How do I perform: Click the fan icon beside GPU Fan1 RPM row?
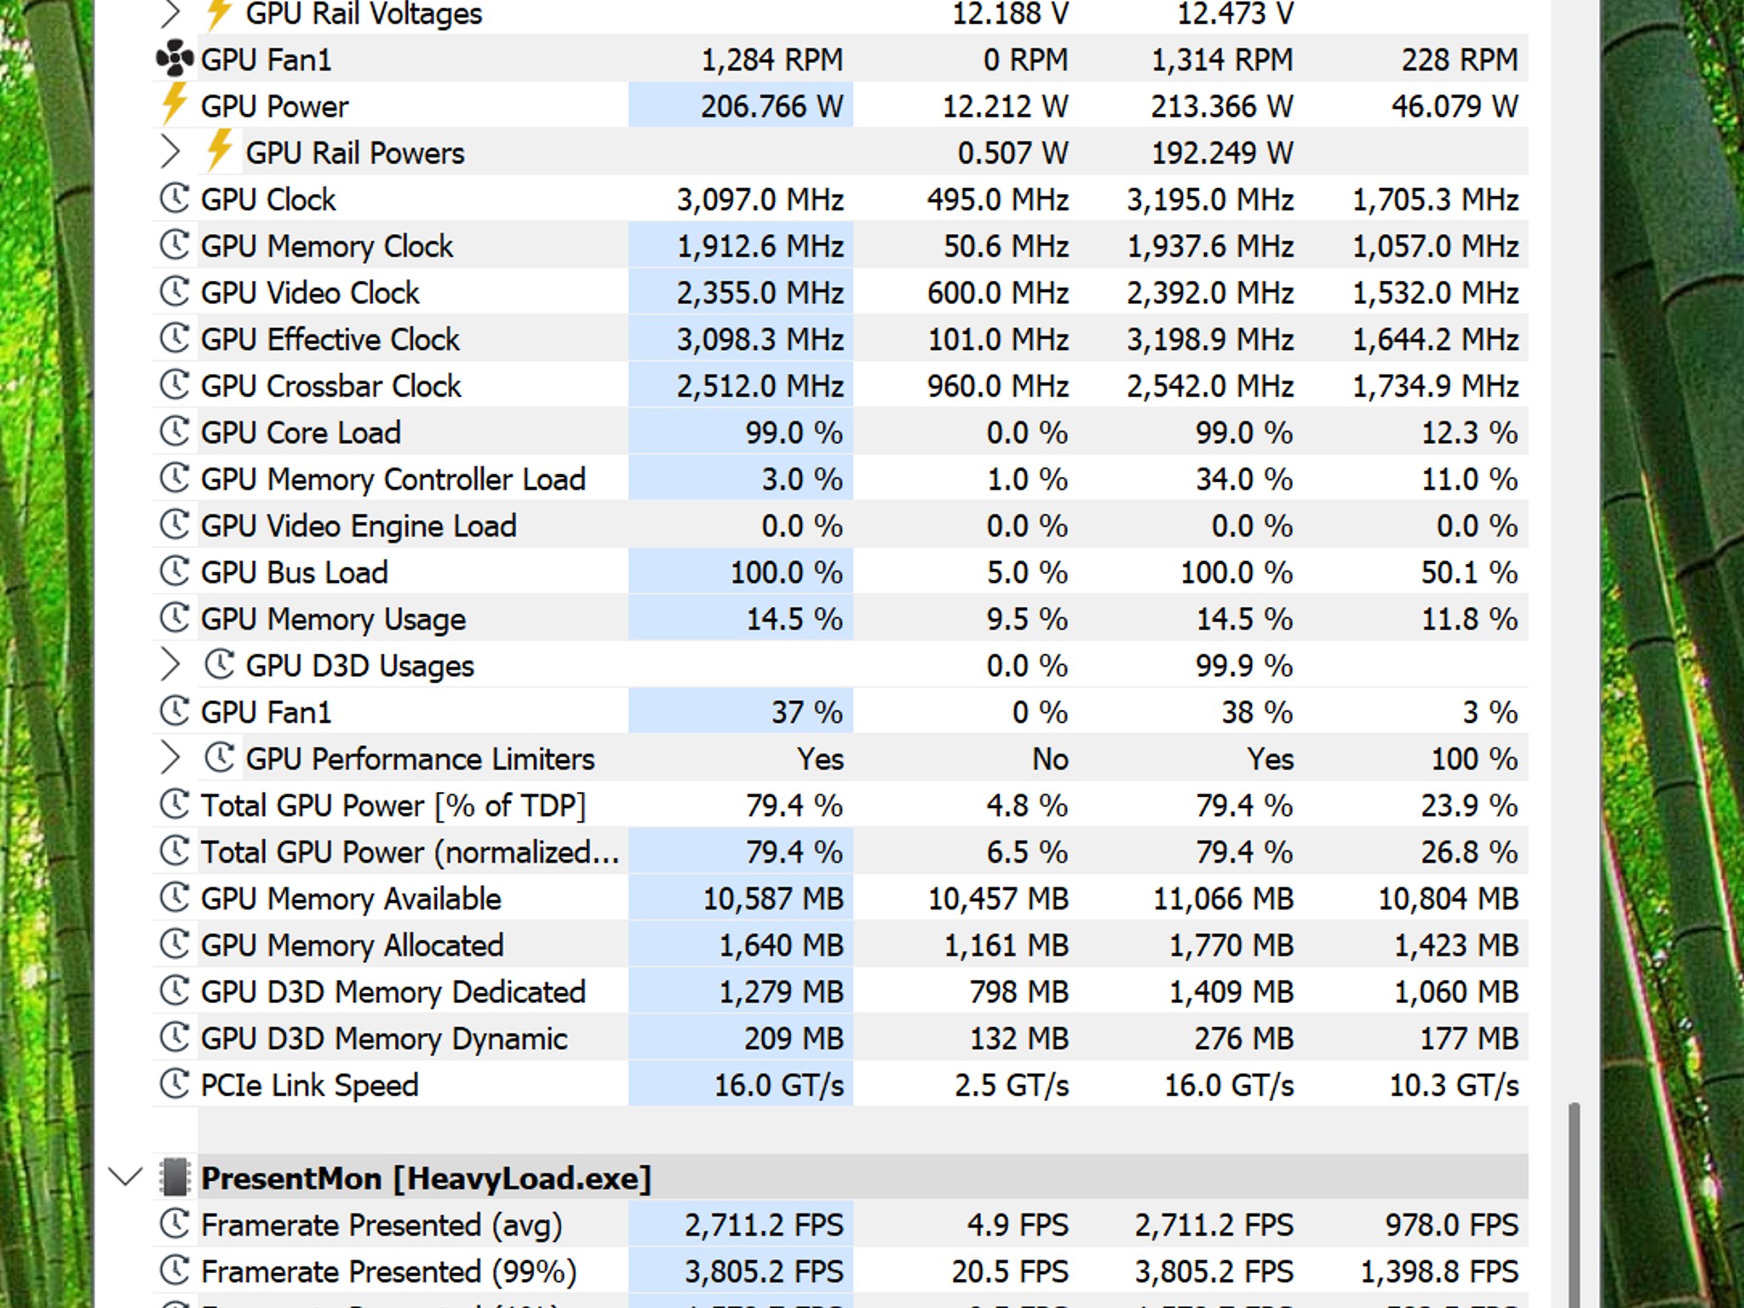pos(175,59)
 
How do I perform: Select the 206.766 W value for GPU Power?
pos(772,106)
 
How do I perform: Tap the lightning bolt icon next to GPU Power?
pos(175,105)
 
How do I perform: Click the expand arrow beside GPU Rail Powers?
pos(170,152)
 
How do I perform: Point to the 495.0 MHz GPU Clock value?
pos(997,199)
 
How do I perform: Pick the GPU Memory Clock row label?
pos(327,246)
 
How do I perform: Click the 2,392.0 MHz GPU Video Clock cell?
pos(1210,293)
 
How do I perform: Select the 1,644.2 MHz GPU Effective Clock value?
pos(1436,340)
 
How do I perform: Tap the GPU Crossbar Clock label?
pos(330,386)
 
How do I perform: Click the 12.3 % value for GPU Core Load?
pos(1470,433)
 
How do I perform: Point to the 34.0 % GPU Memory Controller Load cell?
pos(1244,479)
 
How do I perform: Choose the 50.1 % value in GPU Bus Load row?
pos(1470,572)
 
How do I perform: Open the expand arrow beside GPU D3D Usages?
pos(170,665)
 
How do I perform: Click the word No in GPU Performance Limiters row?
pos(1050,759)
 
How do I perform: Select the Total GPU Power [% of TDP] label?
pos(393,806)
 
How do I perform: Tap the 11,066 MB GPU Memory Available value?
pos(1223,898)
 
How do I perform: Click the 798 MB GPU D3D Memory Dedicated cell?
pos(1018,992)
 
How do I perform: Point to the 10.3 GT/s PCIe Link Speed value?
pos(1454,1085)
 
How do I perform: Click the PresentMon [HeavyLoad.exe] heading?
pos(426,1179)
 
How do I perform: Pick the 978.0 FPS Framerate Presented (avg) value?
pos(1452,1225)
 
